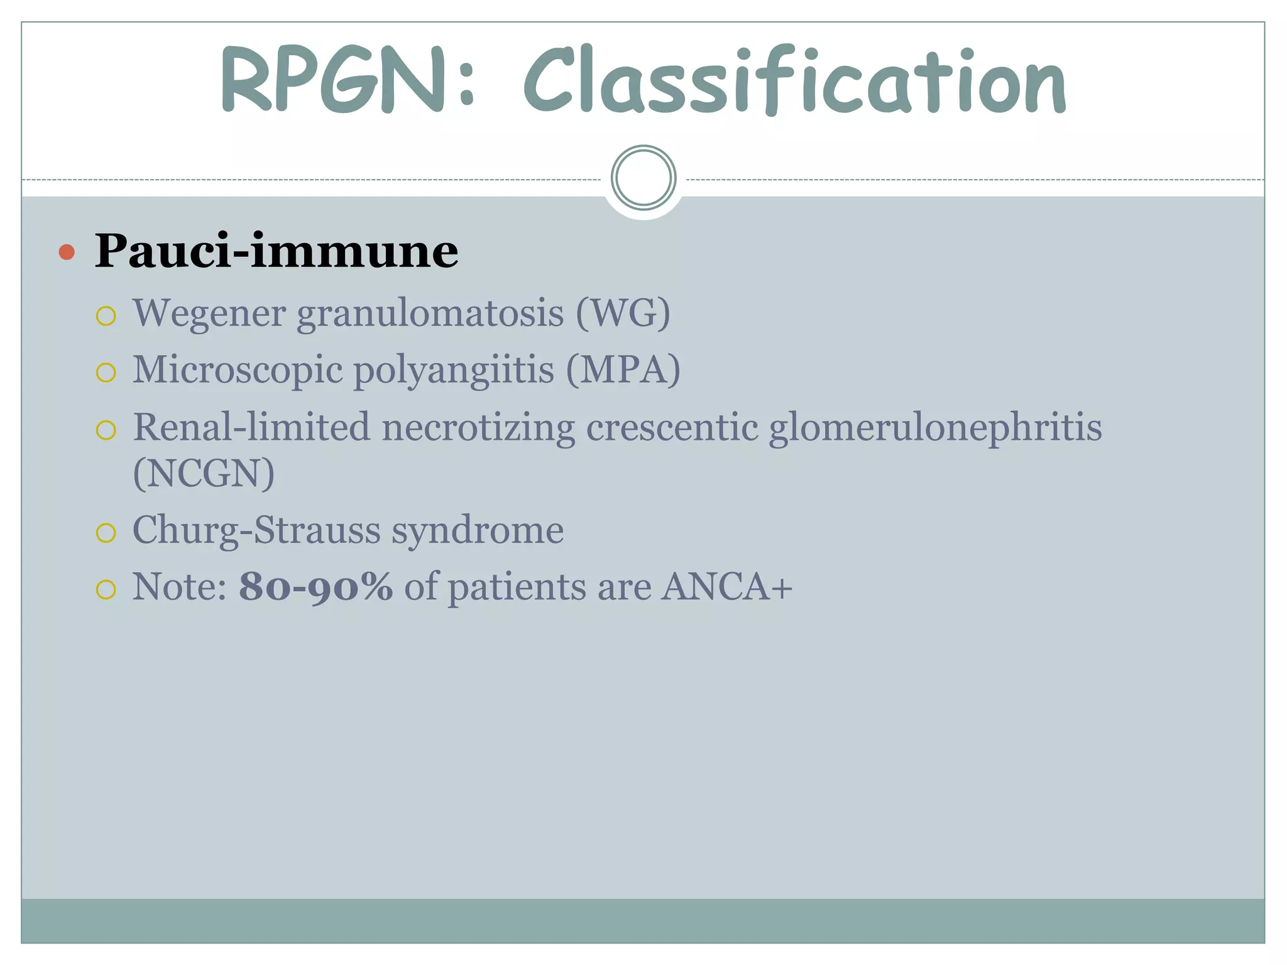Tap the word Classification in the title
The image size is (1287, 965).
794,82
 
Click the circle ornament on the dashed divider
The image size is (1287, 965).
643,178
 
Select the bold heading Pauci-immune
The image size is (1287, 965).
277,251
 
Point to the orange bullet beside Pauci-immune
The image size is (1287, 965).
67,253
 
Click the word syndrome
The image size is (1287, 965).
478,531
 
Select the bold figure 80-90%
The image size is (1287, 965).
315,587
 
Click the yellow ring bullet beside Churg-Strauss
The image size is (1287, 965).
106,533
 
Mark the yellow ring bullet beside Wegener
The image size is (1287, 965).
106,315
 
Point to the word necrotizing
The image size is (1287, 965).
478,428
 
